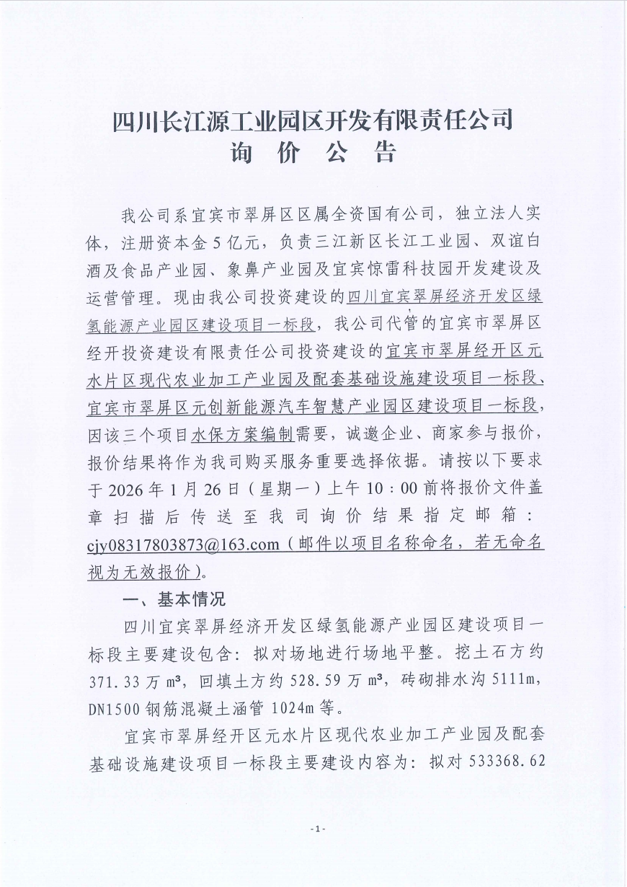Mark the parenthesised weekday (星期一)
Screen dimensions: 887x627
pos(281,487)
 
